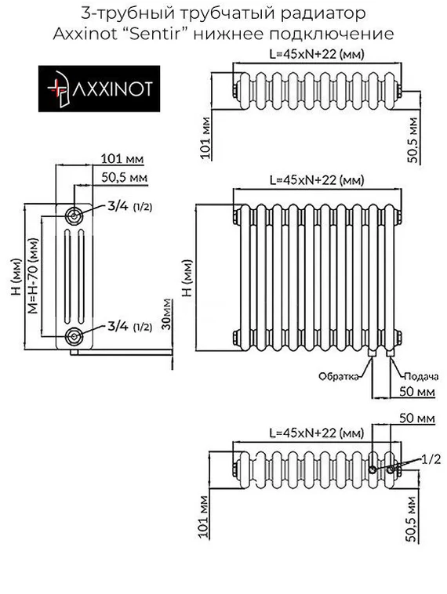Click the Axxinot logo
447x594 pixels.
click(x=100, y=89)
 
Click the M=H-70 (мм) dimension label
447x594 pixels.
click(x=33, y=274)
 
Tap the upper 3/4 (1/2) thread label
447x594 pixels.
click(x=129, y=207)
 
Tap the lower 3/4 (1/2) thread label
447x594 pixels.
click(x=129, y=326)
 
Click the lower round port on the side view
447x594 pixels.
click(x=74, y=336)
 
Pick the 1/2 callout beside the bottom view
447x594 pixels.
click(x=430, y=458)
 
